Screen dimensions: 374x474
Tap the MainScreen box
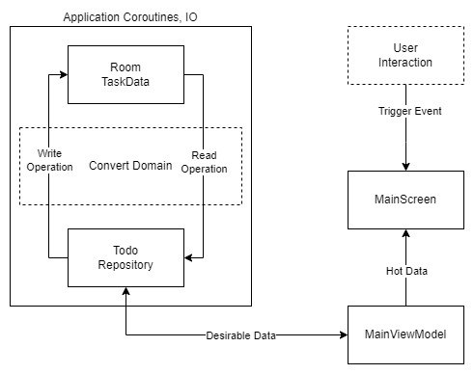pyautogui.click(x=405, y=200)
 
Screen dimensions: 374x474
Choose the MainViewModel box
pyautogui.click(x=405, y=334)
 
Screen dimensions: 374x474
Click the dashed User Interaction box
pyautogui.click(x=405, y=55)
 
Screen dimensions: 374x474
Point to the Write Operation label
pyautogui.click(x=47, y=159)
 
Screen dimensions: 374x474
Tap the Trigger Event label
pyautogui.click(x=409, y=111)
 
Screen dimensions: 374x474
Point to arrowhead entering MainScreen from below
pyautogui.click(x=405, y=233)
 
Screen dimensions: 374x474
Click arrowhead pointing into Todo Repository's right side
pyautogui.click(x=189, y=257)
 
